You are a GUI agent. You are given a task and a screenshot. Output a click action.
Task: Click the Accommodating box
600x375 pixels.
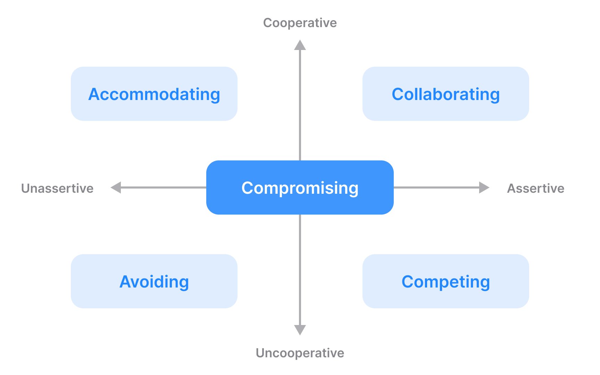point(154,94)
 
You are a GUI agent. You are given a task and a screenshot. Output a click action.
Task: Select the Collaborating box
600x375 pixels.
point(446,94)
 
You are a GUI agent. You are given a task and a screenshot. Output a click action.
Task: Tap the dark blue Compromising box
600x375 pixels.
point(300,187)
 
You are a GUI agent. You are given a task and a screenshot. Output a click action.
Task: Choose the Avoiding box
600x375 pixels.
point(154,281)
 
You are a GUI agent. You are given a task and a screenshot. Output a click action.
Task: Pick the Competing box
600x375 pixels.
point(446,281)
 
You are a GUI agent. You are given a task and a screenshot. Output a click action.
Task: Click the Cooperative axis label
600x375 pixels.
point(300,23)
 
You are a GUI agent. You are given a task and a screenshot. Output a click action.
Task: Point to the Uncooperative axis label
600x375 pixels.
point(300,353)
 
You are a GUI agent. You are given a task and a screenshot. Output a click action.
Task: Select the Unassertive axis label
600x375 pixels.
point(57,188)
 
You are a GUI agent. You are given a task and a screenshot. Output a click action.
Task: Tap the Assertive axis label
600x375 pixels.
point(536,188)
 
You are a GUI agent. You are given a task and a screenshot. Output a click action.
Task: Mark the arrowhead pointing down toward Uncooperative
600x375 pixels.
point(300,330)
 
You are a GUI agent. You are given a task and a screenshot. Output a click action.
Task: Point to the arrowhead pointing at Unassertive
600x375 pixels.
point(116,187)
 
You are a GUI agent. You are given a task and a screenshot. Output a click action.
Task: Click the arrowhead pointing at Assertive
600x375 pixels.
point(484,187)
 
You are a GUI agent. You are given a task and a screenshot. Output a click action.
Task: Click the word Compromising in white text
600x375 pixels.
point(300,188)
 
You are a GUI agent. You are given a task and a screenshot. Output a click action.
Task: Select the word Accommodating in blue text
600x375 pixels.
point(154,94)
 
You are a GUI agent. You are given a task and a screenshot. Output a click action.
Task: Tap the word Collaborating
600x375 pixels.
point(446,94)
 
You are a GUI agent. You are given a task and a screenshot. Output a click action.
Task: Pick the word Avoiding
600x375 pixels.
point(154,282)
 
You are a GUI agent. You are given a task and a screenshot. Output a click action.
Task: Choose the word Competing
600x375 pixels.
point(446,282)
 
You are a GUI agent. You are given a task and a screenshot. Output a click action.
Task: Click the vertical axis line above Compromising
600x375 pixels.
point(300,105)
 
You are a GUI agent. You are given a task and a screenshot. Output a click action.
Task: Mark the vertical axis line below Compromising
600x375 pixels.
point(300,270)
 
